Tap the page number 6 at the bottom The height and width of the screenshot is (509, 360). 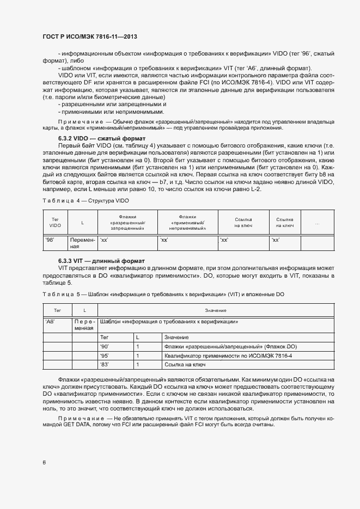point(44,463)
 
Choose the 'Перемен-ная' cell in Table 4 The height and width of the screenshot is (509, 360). point(82,243)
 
